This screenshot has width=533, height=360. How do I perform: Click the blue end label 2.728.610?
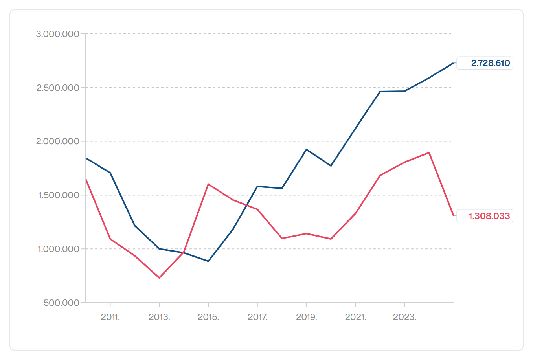491,63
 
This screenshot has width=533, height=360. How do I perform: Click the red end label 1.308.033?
489,216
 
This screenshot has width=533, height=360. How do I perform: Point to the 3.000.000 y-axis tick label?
57,34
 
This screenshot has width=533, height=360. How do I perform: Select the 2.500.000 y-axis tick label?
58,88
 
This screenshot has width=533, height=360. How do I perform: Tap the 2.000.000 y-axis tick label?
57,141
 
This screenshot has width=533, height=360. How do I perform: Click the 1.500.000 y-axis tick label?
59,195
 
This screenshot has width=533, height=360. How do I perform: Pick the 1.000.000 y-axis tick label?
59,249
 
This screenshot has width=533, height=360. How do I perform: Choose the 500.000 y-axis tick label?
61,303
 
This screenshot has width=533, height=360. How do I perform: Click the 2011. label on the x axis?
110,317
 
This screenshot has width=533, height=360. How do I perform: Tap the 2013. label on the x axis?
160,317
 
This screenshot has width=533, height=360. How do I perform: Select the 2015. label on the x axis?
208,317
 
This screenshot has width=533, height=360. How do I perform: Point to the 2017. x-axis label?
257,317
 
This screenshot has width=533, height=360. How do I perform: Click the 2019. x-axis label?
307,317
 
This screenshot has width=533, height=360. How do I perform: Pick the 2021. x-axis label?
355,317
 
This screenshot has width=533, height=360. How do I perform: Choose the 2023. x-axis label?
404,317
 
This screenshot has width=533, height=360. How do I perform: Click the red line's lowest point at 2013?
160,278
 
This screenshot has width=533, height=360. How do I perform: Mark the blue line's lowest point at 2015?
208,261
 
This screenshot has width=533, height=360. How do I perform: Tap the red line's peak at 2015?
208,184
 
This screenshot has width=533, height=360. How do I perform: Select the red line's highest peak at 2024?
429,152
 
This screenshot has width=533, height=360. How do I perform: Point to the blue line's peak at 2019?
307,149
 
